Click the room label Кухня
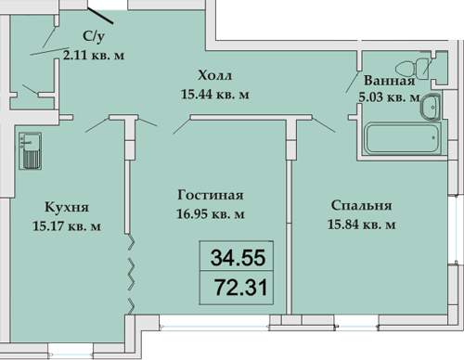click(x=67, y=207)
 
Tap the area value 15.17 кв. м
click(x=67, y=226)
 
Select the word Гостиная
click(x=211, y=195)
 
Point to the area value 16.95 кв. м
click(x=211, y=213)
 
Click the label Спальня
click(x=361, y=206)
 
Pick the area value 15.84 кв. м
click(x=361, y=225)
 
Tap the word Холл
click(x=214, y=75)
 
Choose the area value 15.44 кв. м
click(x=215, y=94)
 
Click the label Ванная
click(x=390, y=81)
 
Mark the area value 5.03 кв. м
click(x=389, y=96)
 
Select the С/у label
click(x=94, y=36)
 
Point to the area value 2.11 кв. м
click(x=94, y=56)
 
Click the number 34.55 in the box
click(x=238, y=258)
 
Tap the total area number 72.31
click(x=240, y=288)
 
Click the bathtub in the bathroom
click(x=403, y=138)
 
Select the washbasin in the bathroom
click(x=431, y=107)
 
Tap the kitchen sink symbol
click(x=30, y=151)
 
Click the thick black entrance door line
click(x=100, y=16)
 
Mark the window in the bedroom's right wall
click(x=456, y=229)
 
